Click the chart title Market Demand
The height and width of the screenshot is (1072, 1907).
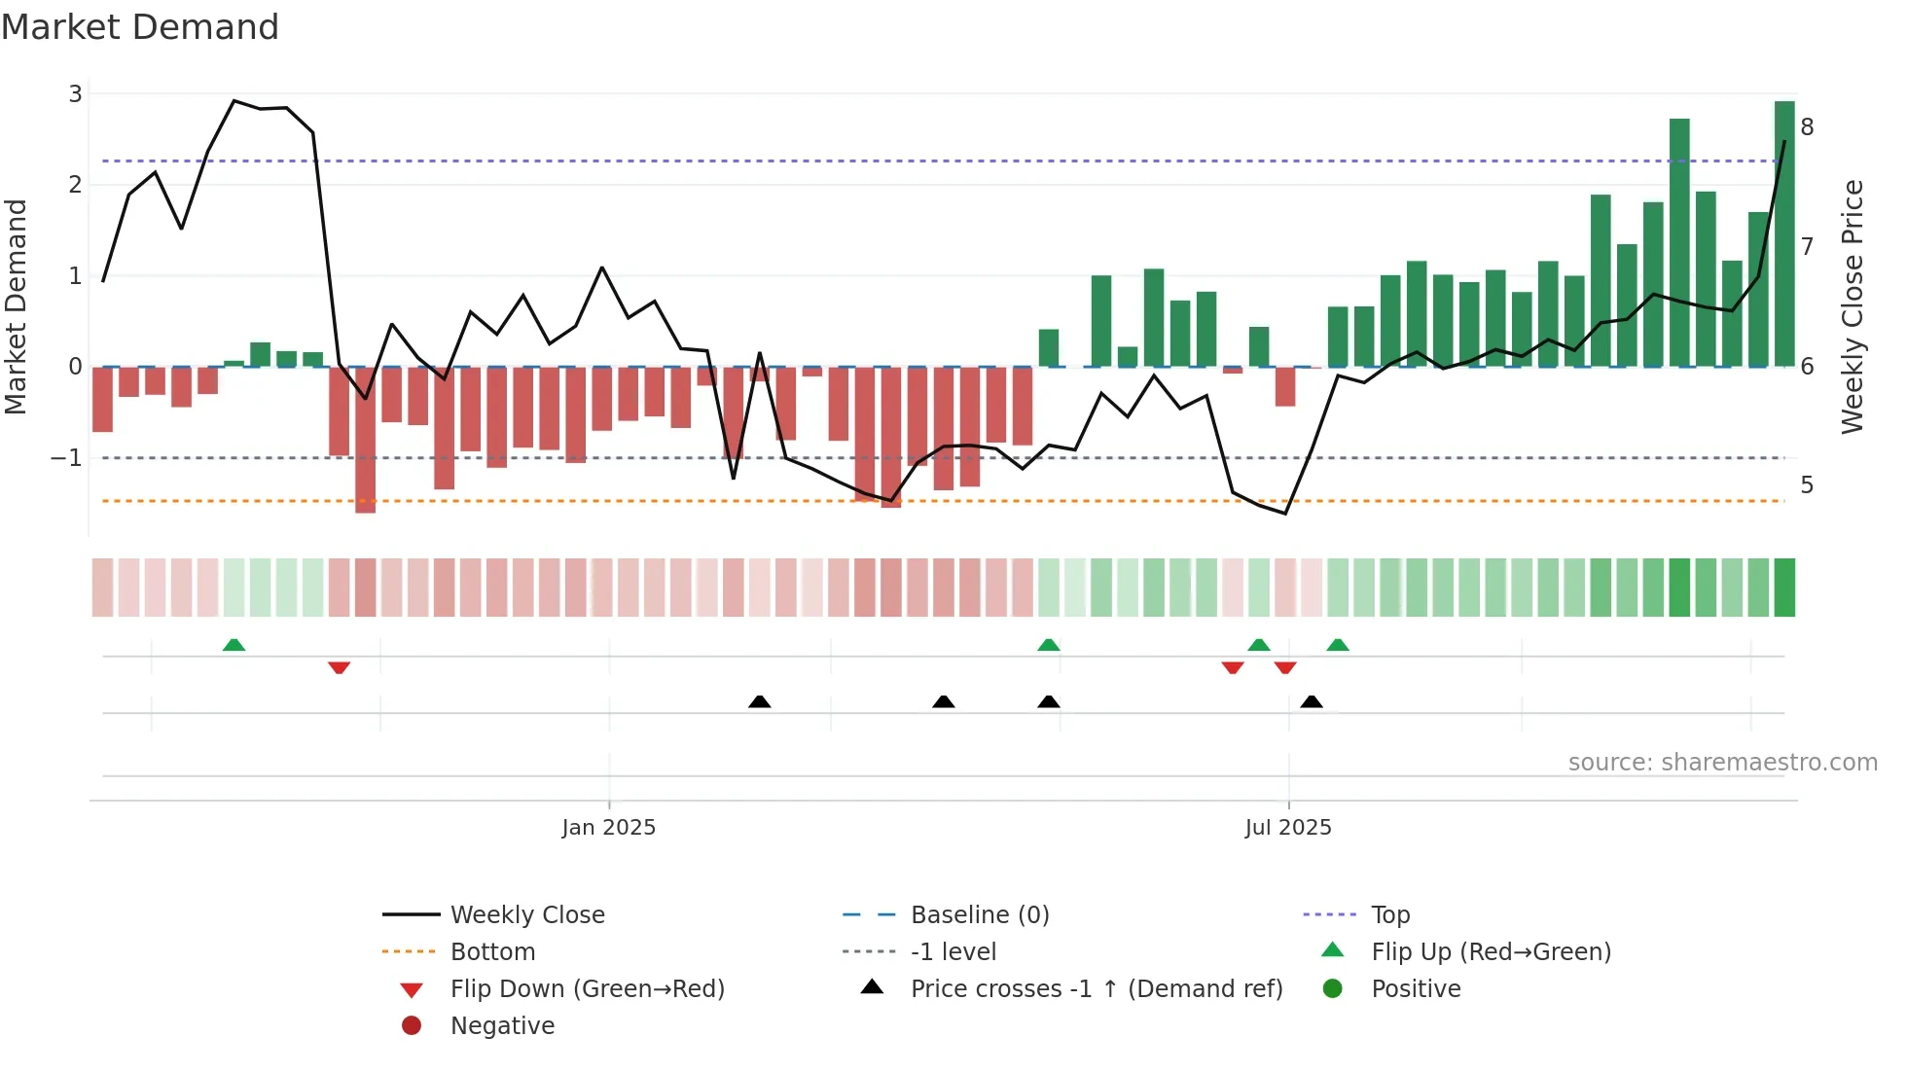[x=140, y=27]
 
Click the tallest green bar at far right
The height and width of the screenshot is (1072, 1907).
[x=1783, y=233]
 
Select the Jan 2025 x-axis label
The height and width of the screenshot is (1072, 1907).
[x=608, y=828]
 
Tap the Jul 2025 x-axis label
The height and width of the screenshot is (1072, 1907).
[x=1287, y=828]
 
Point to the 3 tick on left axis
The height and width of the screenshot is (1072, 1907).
[x=75, y=94]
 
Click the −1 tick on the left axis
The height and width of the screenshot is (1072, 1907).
[x=66, y=458]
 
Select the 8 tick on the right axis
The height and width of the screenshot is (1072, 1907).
[x=1807, y=127]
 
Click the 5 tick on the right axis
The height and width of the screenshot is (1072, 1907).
[x=1807, y=485]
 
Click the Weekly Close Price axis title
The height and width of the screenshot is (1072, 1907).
[x=1852, y=306]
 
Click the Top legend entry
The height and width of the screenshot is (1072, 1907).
[x=1389, y=915]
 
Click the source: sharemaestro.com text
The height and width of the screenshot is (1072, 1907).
[x=1722, y=763]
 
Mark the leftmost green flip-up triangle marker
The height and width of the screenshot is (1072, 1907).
[x=234, y=645]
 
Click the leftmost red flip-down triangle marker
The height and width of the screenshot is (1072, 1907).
[x=339, y=667]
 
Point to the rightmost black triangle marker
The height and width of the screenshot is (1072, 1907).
[x=1312, y=701]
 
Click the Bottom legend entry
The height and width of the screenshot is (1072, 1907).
[x=492, y=952]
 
